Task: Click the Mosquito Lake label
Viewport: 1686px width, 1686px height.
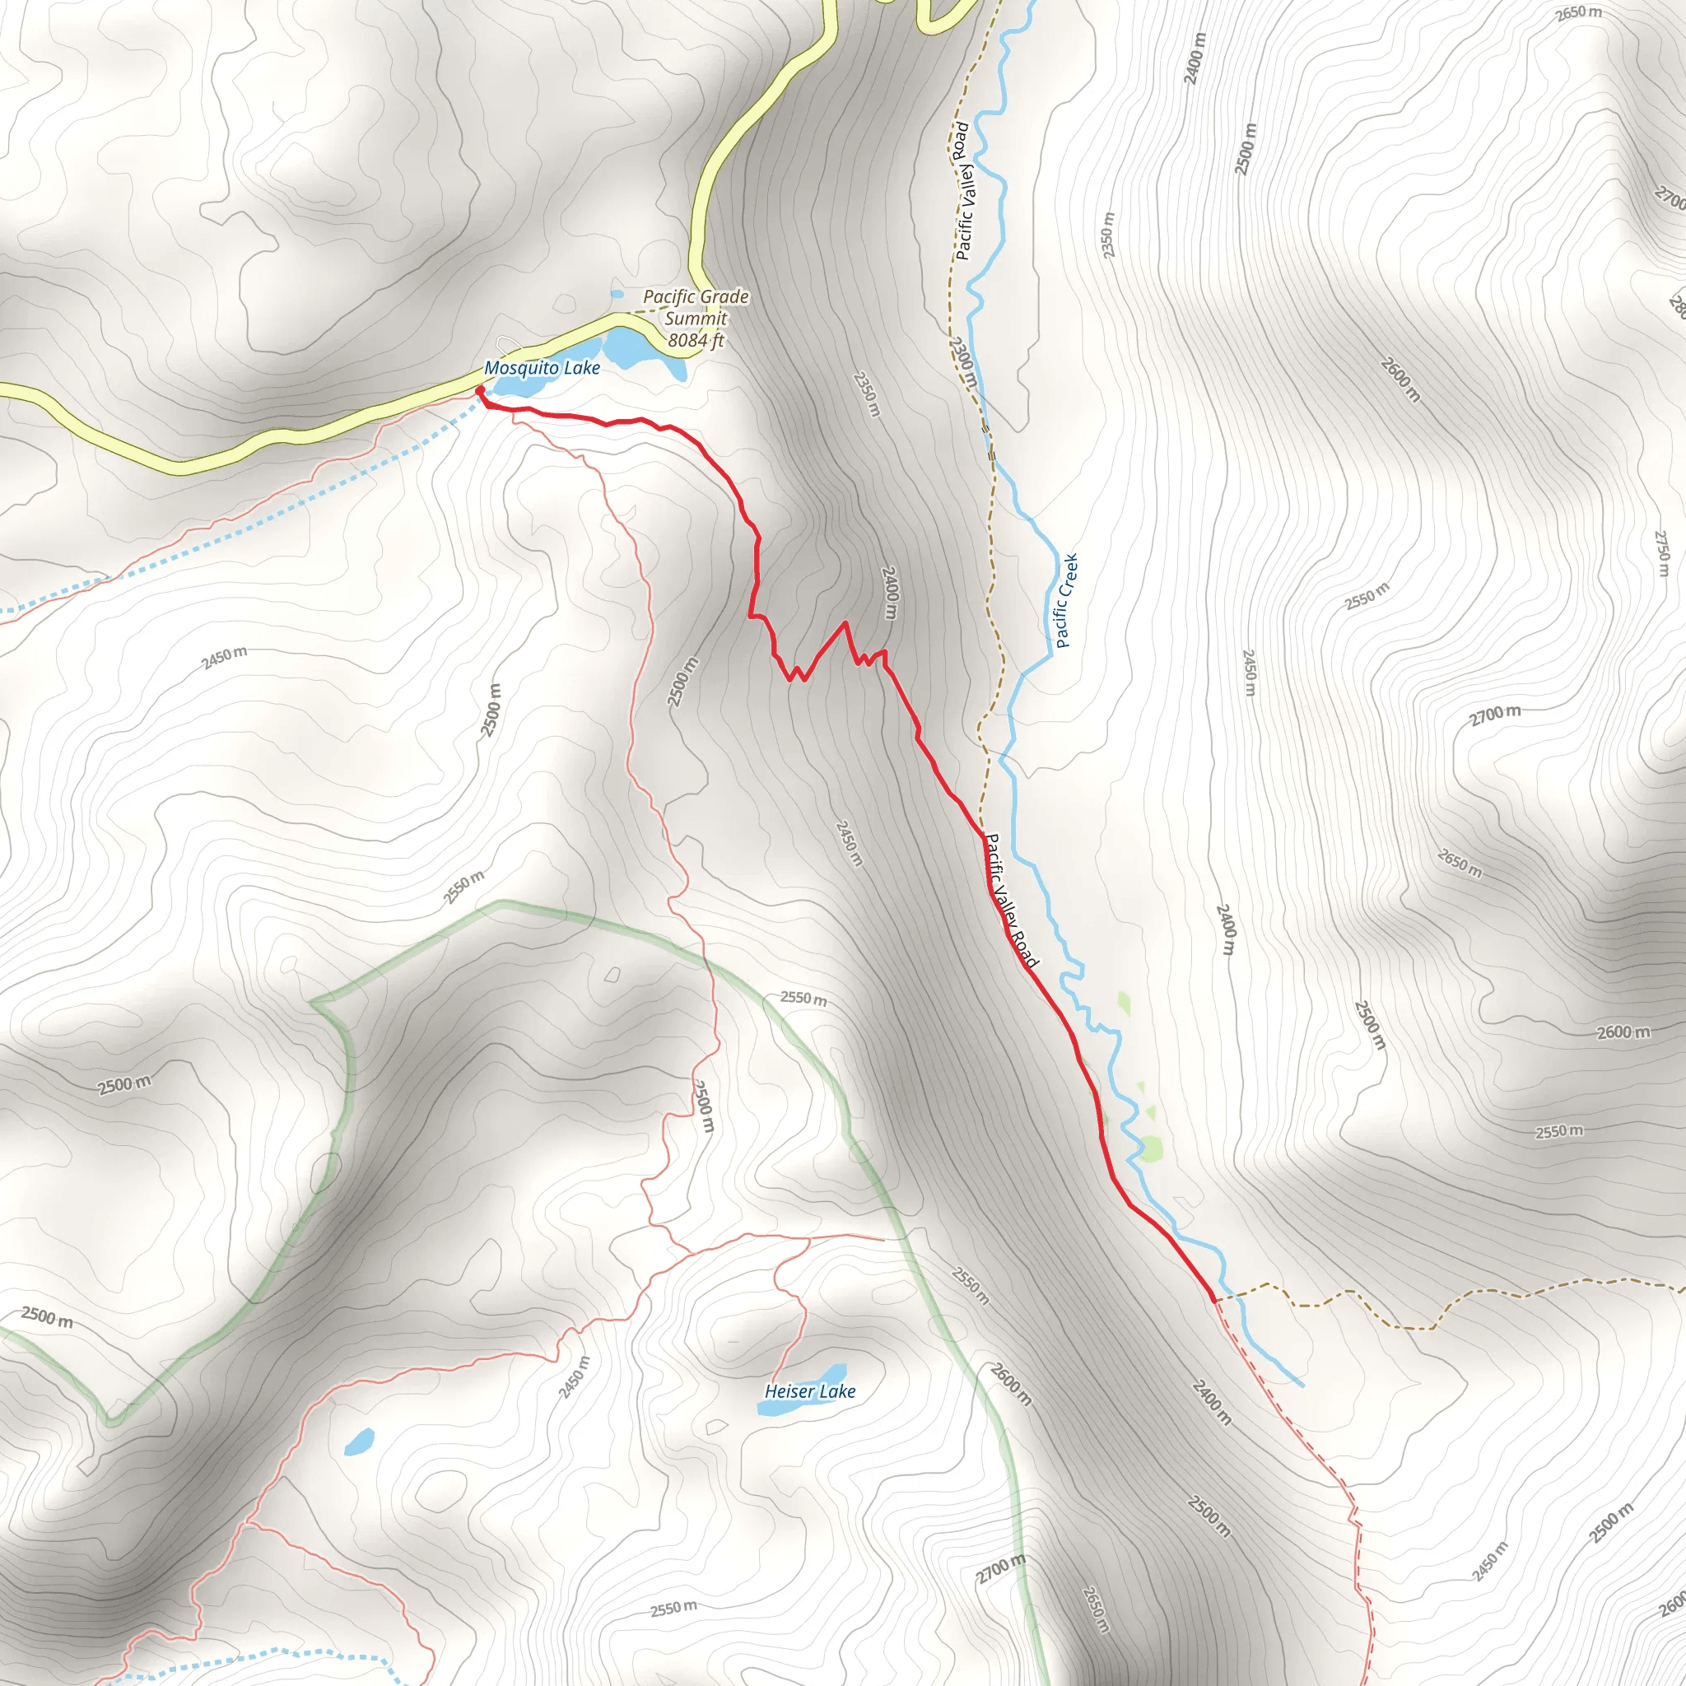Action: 542,368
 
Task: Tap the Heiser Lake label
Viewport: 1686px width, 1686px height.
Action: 810,1391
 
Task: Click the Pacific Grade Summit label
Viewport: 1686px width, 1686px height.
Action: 696,307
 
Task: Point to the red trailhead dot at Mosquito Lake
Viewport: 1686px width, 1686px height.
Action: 479,390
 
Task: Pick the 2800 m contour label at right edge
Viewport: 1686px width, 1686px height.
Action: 1676,305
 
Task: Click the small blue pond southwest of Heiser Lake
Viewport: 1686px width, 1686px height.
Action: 359,1441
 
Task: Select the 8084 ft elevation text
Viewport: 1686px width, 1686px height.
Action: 696,340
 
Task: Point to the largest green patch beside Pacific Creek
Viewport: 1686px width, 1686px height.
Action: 1150,1148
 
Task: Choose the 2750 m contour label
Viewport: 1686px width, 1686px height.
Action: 1661,554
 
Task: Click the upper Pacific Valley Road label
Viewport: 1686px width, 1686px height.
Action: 962,191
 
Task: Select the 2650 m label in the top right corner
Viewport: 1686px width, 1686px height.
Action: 1579,14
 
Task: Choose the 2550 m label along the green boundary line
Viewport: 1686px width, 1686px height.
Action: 803,998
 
